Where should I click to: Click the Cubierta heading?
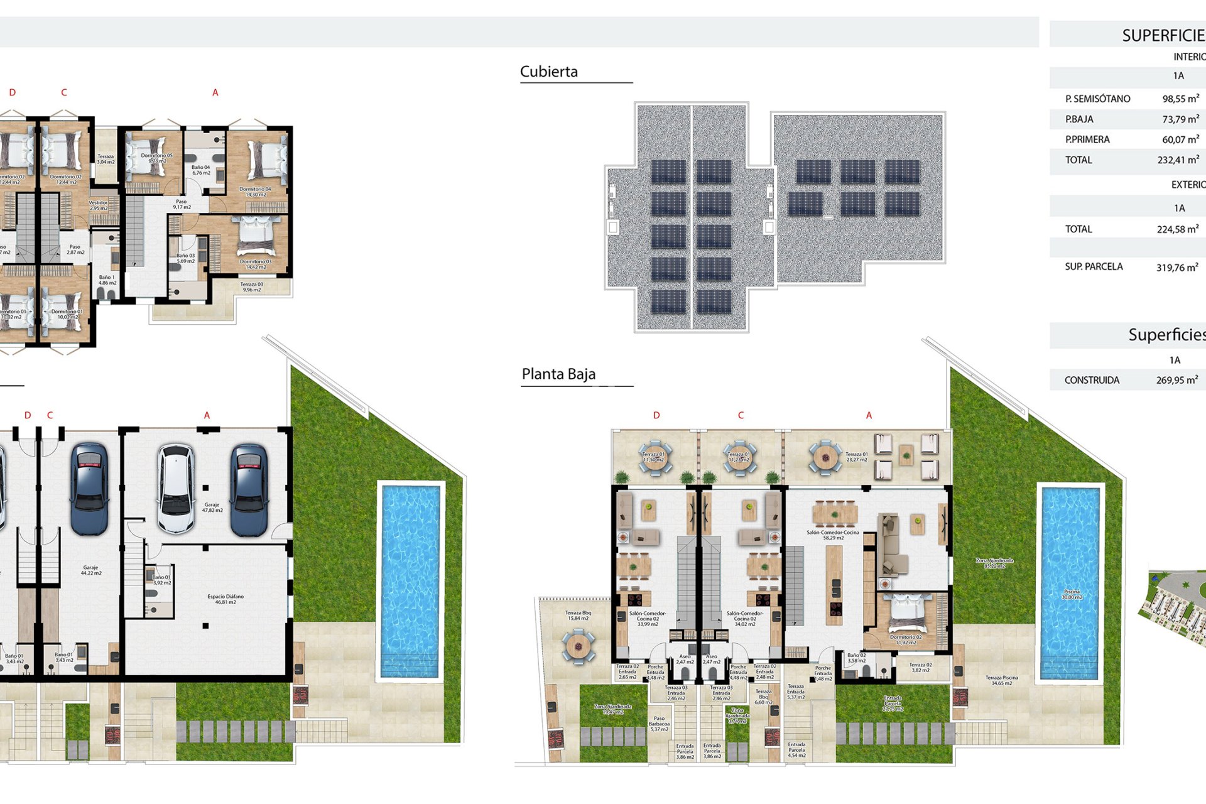click(x=548, y=72)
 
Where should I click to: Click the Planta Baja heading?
click(x=558, y=374)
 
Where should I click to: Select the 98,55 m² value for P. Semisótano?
click(x=1180, y=99)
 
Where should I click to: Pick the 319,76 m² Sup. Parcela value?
click(x=1176, y=268)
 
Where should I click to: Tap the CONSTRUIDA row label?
click(x=1092, y=380)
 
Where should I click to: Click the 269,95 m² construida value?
click(x=1176, y=380)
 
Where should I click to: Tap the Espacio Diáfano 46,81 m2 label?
click(x=225, y=599)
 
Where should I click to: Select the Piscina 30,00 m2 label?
click(x=1072, y=594)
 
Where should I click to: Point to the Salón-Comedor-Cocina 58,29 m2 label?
click(x=833, y=535)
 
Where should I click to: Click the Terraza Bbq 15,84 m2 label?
click(x=578, y=616)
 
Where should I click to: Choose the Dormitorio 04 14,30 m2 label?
click(x=255, y=192)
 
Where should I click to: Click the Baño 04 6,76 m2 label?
click(x=201, y=170)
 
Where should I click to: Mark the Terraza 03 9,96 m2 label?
click(x=252, y=287)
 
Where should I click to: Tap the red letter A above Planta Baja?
click(x=869, y=415)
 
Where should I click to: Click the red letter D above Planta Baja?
click(x=656, y=415)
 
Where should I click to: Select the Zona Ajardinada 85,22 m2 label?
click(x=994, y=563)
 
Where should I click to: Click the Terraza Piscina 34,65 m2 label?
click(x=1001, y=680)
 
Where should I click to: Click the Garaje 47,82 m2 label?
click(x=212, y=508)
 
